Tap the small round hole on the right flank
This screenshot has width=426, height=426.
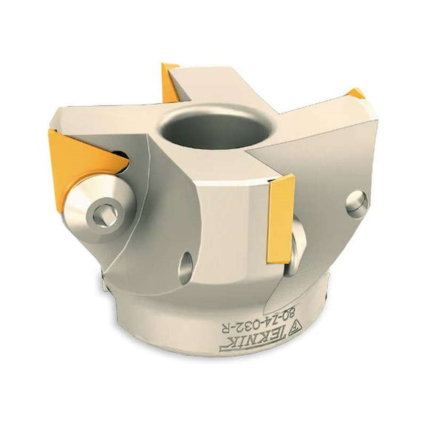coord(357,202)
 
